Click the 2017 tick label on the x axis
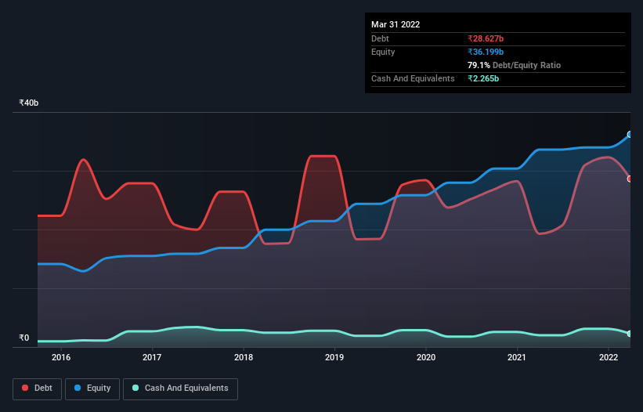pos(152,357)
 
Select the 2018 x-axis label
pos(244,357)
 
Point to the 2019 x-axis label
pos(334,357)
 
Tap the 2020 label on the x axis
pos(426,357)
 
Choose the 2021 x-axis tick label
pos(517,357)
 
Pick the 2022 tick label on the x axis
pos(609,357)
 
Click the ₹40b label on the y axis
pos(29,103)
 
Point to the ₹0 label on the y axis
pos(24,338)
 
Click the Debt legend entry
pos(37,388)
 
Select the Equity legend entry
pos(93,388)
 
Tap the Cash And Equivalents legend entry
pos(180,388)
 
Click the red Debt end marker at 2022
pos(630,179)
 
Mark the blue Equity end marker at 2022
pos(630,135)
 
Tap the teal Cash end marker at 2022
pos(630,334)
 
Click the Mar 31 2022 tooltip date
pos(396,24)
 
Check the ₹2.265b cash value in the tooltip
pos(484,78)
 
